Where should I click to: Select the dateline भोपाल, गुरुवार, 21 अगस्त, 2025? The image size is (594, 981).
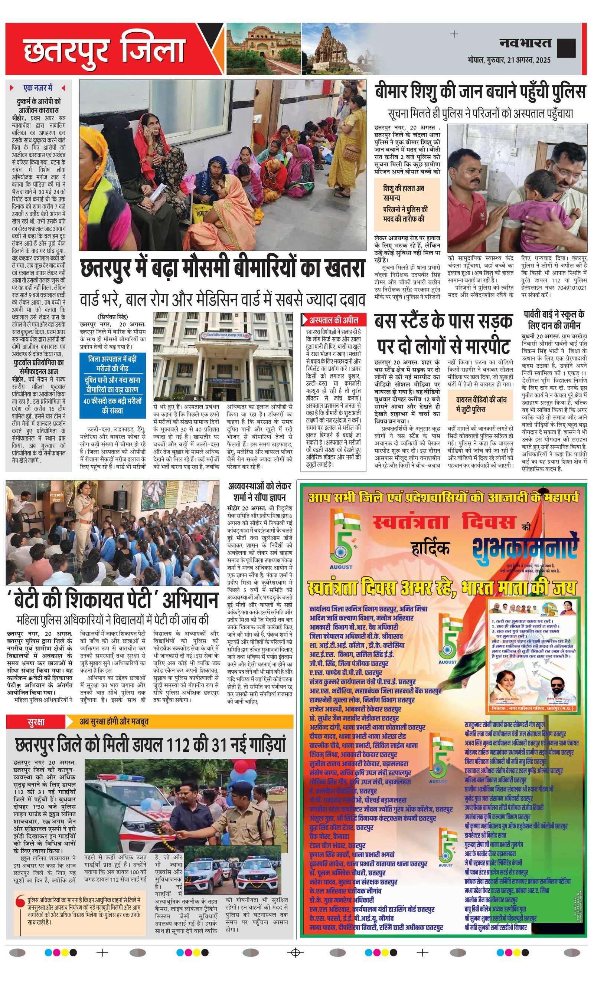(509, 60)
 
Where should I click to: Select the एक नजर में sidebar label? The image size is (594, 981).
(38, 88)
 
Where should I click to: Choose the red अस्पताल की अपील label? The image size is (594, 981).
(334, 320)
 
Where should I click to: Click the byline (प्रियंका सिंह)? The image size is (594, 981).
(113, 317)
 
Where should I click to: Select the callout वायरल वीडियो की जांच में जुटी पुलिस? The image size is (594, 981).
(481, 404)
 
